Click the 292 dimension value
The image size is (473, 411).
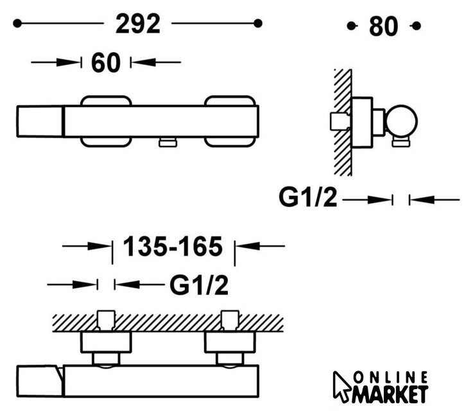pos(138,24)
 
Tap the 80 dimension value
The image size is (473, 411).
pos(383,26)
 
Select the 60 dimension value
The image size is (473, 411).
pos(106,63)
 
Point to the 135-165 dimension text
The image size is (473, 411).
pos(173,247)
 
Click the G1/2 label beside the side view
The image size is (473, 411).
pos(307,198)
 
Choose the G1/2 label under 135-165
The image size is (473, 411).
pos(199,285)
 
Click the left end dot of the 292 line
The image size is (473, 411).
pos(17,23)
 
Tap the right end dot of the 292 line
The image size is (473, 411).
pos(258,23)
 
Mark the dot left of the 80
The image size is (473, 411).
pos(350,26)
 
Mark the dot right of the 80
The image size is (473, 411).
pos(417,26)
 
